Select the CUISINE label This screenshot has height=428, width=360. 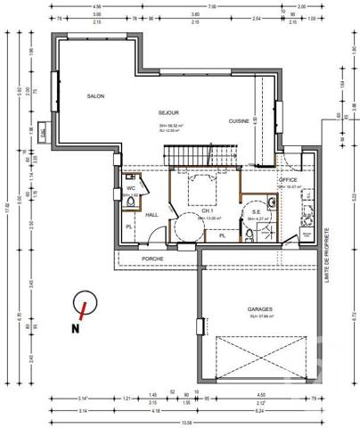point(238,120)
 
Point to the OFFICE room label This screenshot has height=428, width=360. point(288,180)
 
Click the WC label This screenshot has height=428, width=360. point(130,189)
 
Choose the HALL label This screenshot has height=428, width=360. point(151,215)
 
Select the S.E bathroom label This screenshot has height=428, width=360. point(257,210)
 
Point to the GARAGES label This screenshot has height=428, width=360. point(260,309)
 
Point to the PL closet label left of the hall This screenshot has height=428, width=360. point(129,226)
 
